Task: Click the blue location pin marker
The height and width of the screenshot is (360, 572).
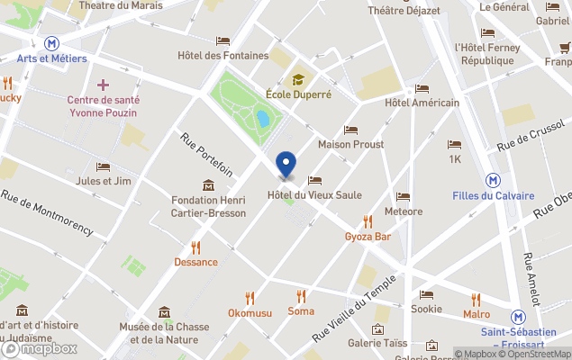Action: (x=286, y=165)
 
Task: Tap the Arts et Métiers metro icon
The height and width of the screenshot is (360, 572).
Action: (x=52, y=42)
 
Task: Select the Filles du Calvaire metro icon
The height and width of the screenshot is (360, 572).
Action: (x=494, y=179)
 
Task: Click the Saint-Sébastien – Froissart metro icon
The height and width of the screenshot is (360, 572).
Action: (x=518, y=317)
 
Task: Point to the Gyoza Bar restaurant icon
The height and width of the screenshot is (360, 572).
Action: (x=368, y=221)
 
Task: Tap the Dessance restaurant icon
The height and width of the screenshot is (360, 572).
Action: (x=195, y=247)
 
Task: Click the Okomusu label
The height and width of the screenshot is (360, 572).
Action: (x=250, y=312)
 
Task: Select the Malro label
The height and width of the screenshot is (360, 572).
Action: (x=477, y=314)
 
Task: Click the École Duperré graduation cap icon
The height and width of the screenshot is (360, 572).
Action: (x=298, y=78)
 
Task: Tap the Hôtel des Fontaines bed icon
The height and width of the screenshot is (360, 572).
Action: (x=222, y=40)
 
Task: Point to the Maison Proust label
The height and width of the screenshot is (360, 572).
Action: (x=350, y=144)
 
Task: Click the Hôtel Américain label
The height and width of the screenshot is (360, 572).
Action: (x=422, y=103)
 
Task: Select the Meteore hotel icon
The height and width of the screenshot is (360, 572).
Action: (x=403, y=196)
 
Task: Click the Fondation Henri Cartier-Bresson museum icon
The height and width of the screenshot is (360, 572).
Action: (x=208, y=185)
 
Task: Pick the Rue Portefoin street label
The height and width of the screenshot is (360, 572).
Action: (x=206, y=155)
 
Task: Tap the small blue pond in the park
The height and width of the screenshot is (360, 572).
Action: (x=262, y=118)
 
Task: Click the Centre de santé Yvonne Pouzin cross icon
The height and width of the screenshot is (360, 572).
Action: (x=104, y=85)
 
